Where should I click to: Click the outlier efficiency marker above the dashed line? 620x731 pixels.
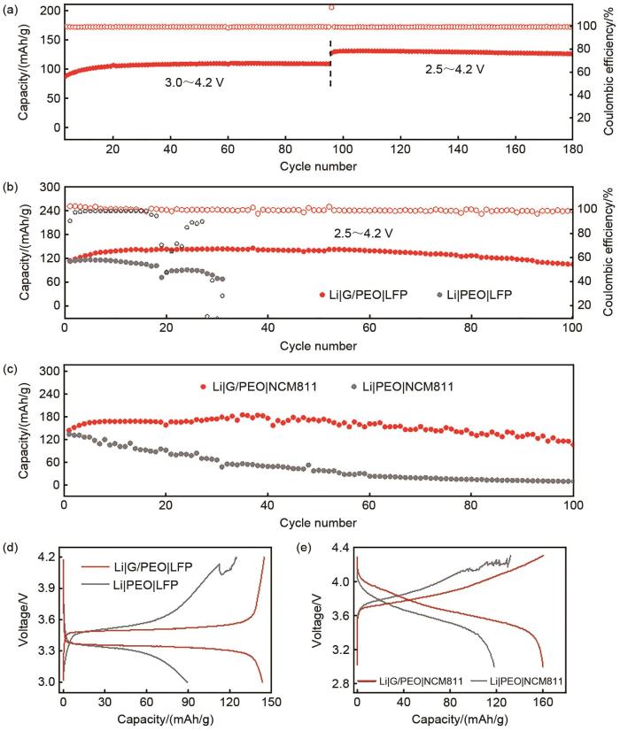point(331,8)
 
